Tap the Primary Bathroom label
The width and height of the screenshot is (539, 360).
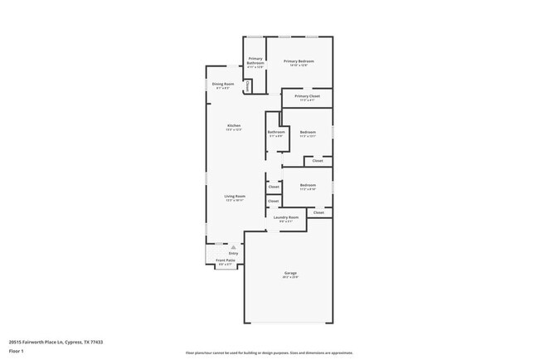255,61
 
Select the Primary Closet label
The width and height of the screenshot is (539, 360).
308,96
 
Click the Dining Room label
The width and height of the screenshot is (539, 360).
223,84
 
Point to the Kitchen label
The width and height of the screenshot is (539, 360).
234,125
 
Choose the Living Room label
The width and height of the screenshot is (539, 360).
235,197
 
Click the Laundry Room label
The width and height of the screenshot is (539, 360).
286,217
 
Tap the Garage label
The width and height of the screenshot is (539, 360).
290,273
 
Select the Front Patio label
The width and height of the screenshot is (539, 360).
226,260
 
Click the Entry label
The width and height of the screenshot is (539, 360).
234,253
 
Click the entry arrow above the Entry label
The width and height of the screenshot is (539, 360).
234,246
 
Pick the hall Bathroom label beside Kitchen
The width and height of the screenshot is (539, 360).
276,132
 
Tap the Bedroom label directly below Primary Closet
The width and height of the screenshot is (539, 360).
308,132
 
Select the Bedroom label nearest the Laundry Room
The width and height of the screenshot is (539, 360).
308,185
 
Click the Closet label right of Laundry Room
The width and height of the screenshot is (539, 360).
318,213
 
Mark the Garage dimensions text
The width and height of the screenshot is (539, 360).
290,277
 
